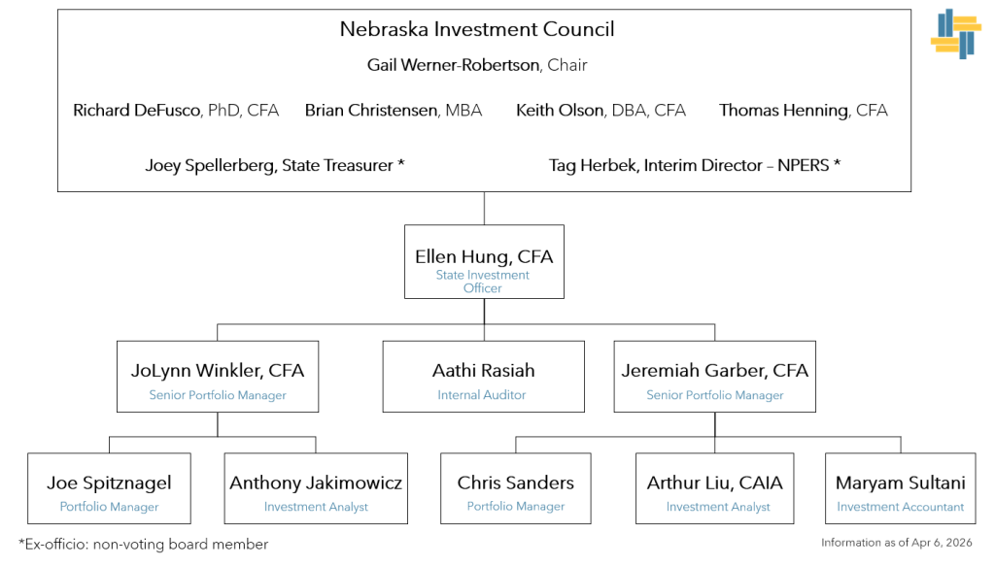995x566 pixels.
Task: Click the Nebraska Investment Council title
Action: click(476, 29)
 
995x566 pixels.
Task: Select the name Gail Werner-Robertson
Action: click(456, 65)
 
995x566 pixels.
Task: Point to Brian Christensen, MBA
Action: click(393, 111)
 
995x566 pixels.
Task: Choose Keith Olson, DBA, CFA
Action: click(600, 111)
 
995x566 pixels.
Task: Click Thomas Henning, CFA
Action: click(803, 111)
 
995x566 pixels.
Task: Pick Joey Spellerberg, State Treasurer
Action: click(274, 165)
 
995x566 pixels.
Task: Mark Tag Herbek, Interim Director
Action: click(694, 165)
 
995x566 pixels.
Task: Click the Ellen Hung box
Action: click(484, 262)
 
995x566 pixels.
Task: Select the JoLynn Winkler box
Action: click(218, 377)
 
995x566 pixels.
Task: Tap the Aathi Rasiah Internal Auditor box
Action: click(483, 377)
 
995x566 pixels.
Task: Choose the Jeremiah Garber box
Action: click(714, 377)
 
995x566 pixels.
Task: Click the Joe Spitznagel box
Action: click(109, 488)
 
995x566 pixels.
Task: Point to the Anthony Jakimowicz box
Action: click(316, 488)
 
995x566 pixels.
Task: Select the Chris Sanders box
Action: click(515, 488)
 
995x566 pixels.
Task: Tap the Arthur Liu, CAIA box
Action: click(714, 488)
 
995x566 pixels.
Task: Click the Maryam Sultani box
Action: click(901, 488)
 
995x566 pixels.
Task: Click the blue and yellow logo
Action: click(956, 34)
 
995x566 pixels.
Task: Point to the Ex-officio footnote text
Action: click(143, 545)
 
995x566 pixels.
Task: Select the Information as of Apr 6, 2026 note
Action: click(896, 543)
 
